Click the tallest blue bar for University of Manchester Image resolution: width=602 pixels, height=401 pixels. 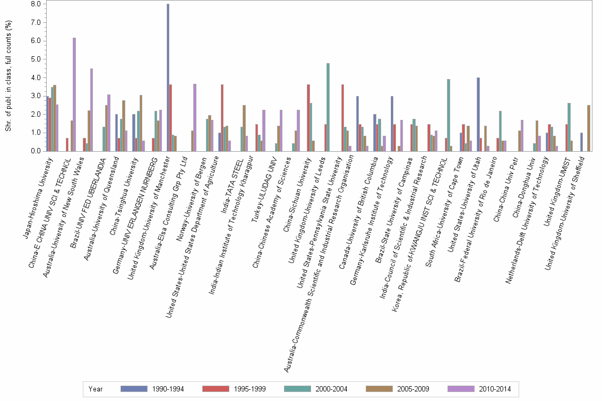coord(168,77)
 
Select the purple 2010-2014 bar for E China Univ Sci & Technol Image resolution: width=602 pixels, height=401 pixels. coord(74,94)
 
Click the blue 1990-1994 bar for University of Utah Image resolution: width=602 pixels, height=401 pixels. coord(478,114)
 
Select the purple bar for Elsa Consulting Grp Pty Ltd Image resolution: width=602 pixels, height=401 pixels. coord(195,117)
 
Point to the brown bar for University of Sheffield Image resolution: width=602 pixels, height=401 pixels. coord(589,128)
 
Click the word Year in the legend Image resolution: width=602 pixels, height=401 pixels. coord(96,389)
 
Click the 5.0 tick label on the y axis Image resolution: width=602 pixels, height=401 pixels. coord(36,59)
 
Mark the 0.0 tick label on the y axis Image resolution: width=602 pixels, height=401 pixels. coord(36,151)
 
